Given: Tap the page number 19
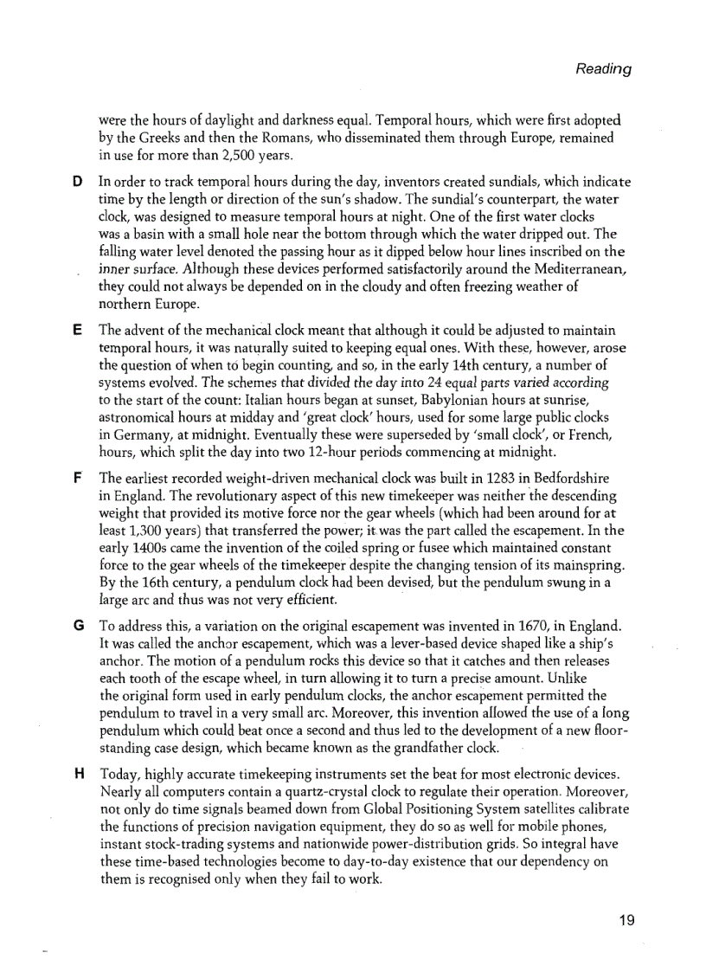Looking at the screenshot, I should point(627,920).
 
